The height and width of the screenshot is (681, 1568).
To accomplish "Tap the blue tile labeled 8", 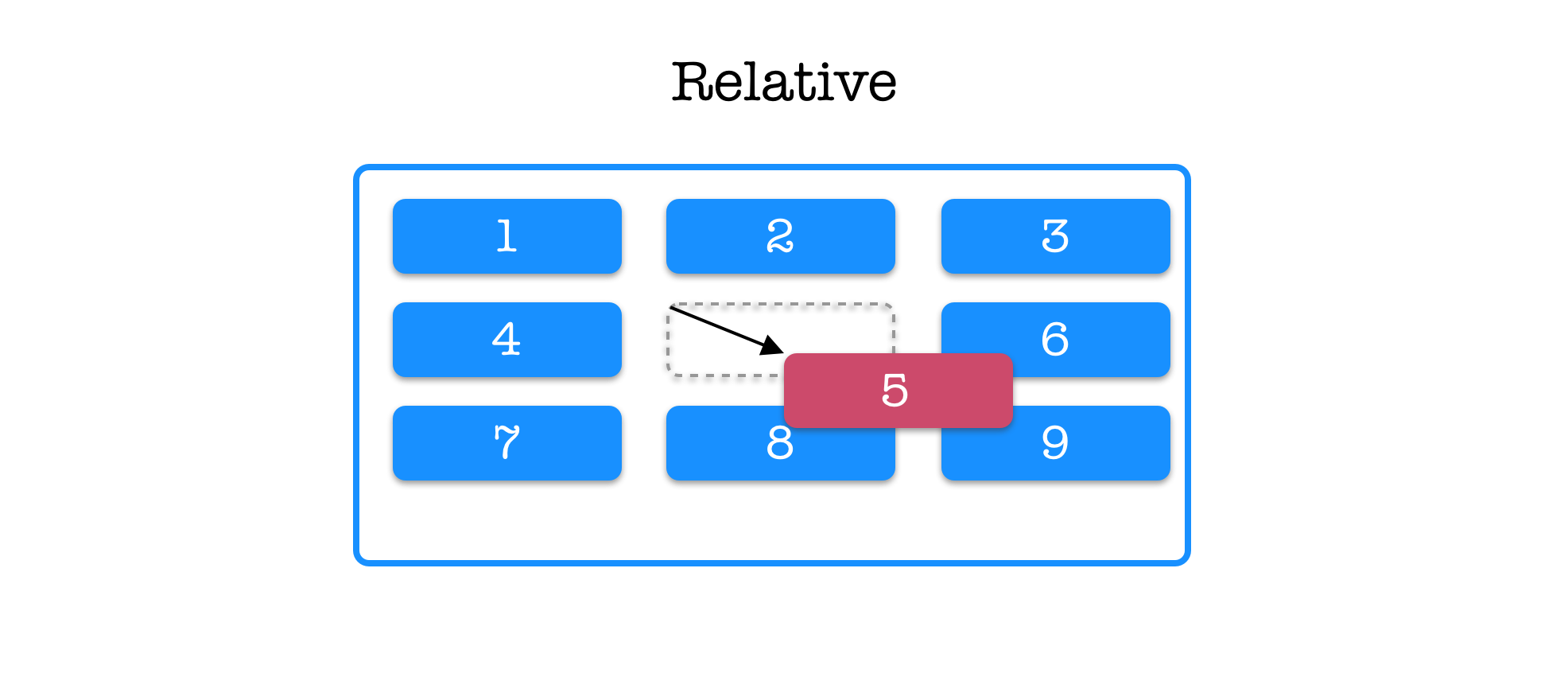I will tap(716, 453).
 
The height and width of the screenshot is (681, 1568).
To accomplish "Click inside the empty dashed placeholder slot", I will tap(724, 338).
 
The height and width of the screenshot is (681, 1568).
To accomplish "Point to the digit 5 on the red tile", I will tap(895, 391).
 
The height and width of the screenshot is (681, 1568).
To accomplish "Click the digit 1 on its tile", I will tap(506, 236).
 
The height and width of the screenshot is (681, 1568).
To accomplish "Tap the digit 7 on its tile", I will tap(506, 442).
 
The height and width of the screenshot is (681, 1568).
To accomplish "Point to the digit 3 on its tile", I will tap(1055, 236).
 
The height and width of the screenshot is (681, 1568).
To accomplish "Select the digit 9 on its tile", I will tap(1055, 442).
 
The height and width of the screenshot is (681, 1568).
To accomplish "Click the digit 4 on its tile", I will tap(506, 339).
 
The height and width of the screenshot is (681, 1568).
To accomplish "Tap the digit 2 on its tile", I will tap(780, 236).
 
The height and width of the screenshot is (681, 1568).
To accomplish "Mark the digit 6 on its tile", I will tap(1055, 339).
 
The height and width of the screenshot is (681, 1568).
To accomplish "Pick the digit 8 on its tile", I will tap(780, 443).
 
